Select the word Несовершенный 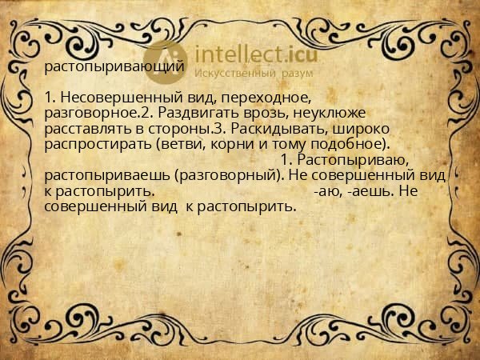tap(112, 97)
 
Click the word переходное tap(259, 97)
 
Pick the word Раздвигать tap(198, 113)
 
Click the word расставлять tap(86, 129)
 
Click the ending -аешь tap(369, 191)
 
